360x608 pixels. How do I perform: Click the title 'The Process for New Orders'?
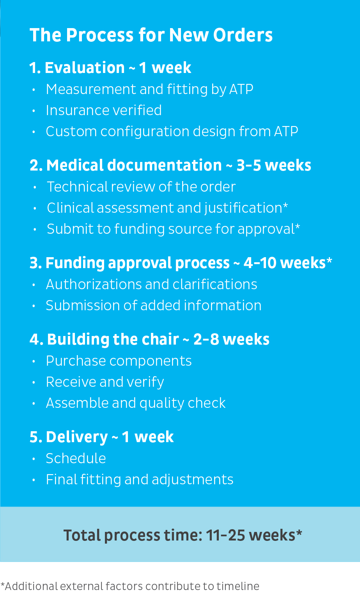(x=151, y=35)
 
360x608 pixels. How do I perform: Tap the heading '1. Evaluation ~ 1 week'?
(x=110, y=68)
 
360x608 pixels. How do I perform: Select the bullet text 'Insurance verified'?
(x=104, y=110)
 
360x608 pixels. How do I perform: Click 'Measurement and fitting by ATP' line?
(x=149, y=89)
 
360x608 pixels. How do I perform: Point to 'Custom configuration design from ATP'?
(x=172, y=132)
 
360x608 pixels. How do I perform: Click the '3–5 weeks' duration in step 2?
(x=274, y=165)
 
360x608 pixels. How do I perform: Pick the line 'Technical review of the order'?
(x=141, y=187)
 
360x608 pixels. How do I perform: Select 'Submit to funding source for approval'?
(x=171, y=229)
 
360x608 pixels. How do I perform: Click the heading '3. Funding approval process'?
(x=129, y=263)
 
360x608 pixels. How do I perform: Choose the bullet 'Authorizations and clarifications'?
(x=151, y=284)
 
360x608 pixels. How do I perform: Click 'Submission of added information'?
(x=154, y=305)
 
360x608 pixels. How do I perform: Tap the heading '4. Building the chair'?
(x=104, y=339)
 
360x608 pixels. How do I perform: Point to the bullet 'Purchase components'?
(x=119, y=361)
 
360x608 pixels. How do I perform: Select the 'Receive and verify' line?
(x=105, y=382)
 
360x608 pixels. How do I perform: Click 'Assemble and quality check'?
(x=136, y=403)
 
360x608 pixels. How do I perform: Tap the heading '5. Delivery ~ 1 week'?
(x=101, y=437)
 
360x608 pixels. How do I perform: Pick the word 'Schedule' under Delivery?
(x=76, y=459)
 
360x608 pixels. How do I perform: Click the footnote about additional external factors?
(x=130, y=586)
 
